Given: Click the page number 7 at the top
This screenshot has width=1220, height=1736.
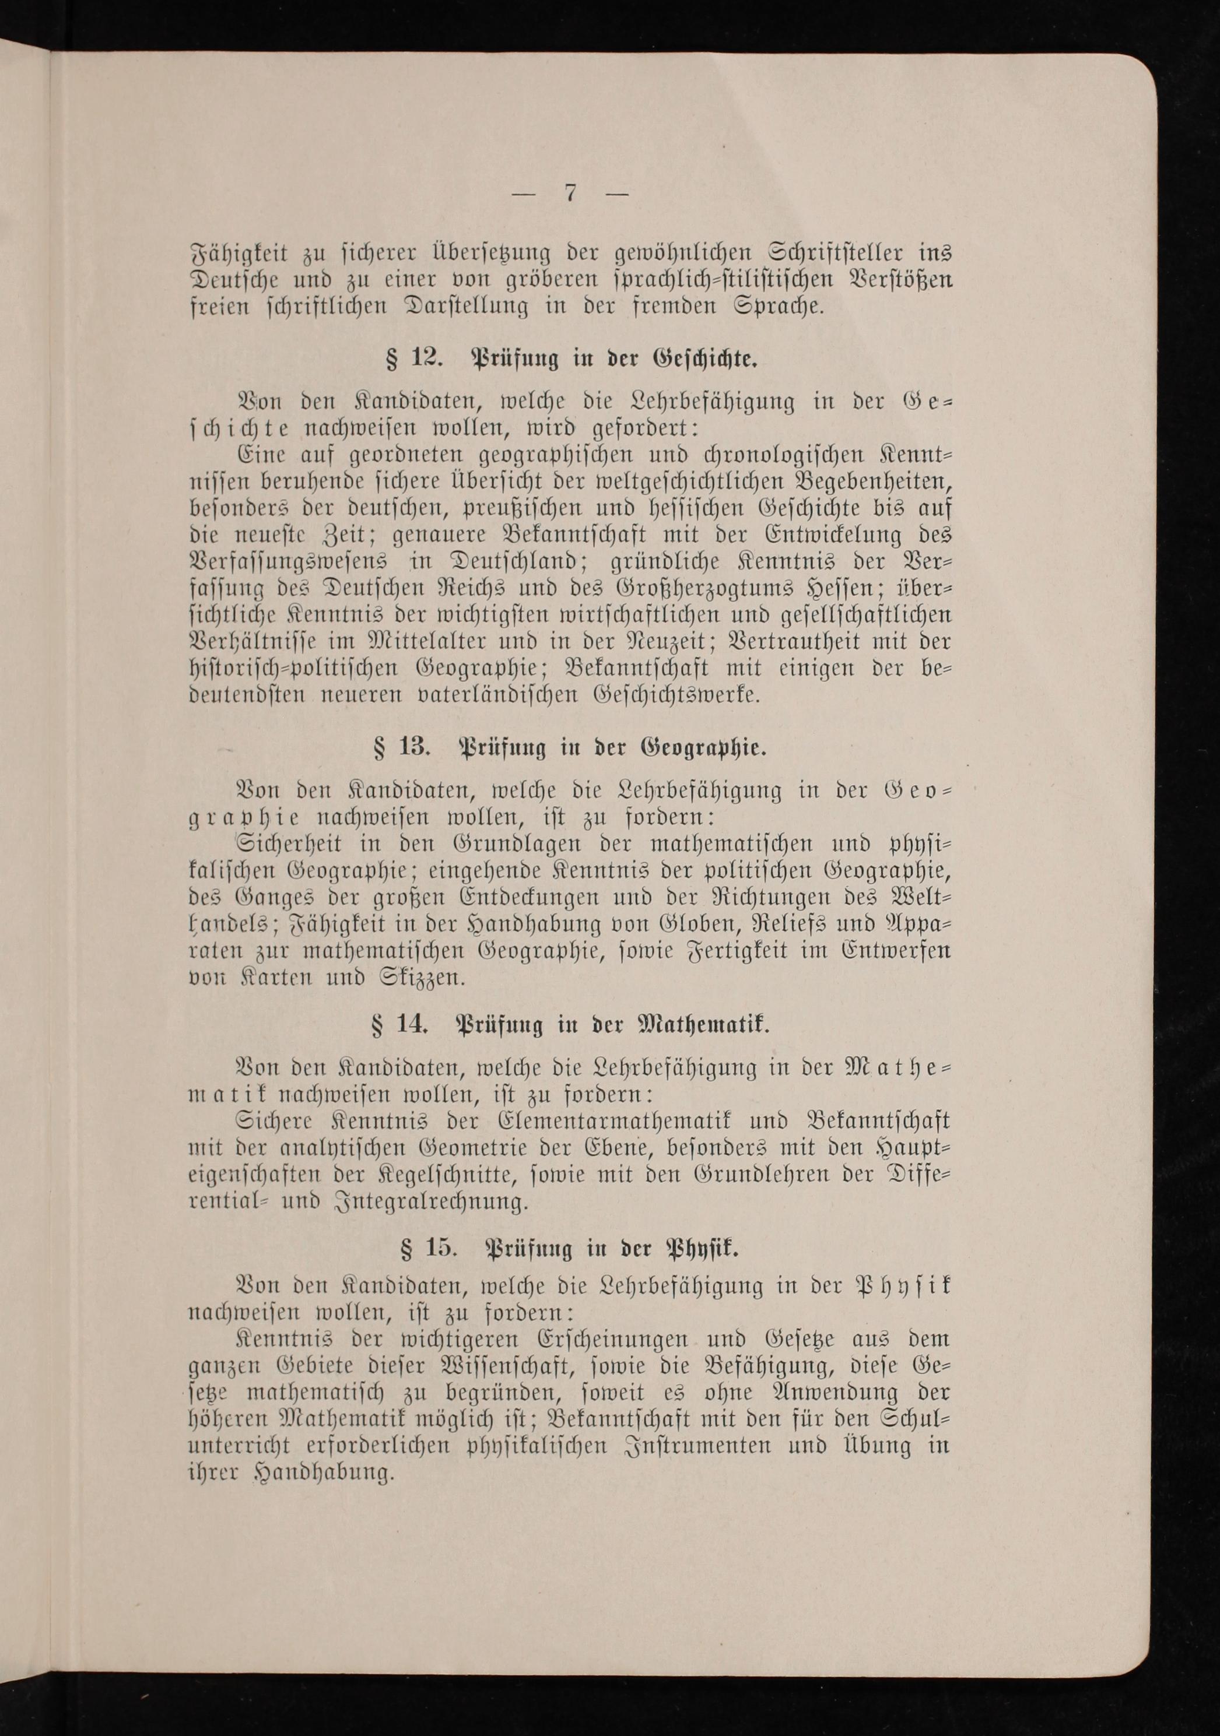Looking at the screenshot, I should tap(571, 194).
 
